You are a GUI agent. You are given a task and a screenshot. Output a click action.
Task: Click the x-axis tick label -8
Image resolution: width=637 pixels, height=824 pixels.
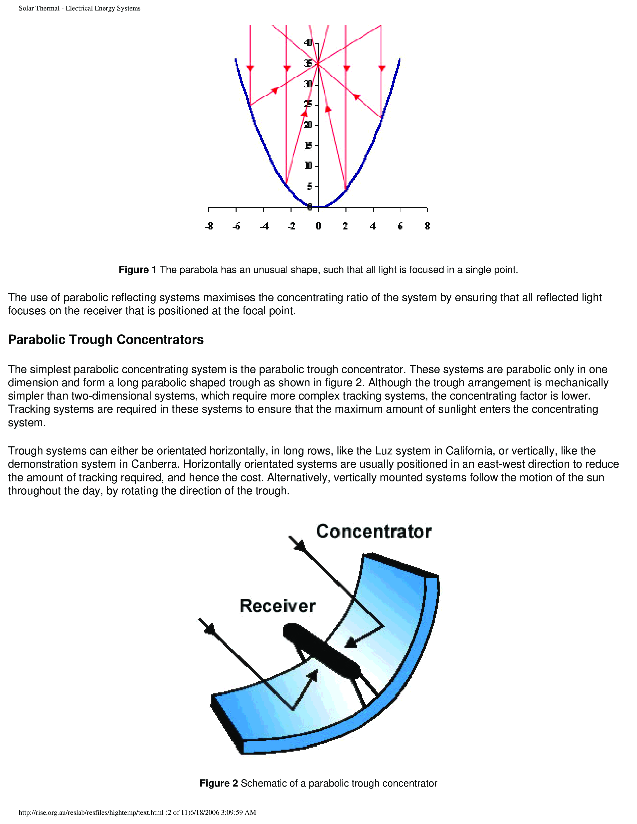209,226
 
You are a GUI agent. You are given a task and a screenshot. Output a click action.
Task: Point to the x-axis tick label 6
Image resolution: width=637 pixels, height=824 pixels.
400,226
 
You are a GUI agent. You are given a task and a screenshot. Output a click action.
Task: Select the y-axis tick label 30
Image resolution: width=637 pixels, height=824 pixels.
308,84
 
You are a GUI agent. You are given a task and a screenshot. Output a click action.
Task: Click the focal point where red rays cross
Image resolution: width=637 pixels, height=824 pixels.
318,64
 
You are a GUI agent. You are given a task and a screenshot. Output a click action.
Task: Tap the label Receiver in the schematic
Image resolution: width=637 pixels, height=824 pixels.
277,606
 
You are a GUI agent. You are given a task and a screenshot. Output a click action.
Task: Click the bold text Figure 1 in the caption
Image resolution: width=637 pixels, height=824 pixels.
137,270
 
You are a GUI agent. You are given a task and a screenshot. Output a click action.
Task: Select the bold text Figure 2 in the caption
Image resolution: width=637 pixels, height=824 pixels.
219,783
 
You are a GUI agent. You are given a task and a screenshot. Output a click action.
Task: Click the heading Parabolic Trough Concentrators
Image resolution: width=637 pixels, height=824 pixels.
106,340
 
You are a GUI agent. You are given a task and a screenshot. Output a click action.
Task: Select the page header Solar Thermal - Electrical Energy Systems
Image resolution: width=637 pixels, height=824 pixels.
80,8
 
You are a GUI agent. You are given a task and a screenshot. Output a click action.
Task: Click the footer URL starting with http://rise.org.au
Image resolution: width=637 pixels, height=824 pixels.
91,812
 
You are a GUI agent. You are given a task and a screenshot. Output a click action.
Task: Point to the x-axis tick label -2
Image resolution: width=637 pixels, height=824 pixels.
291,226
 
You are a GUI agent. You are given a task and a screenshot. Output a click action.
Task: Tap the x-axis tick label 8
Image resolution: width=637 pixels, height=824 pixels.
427,226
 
